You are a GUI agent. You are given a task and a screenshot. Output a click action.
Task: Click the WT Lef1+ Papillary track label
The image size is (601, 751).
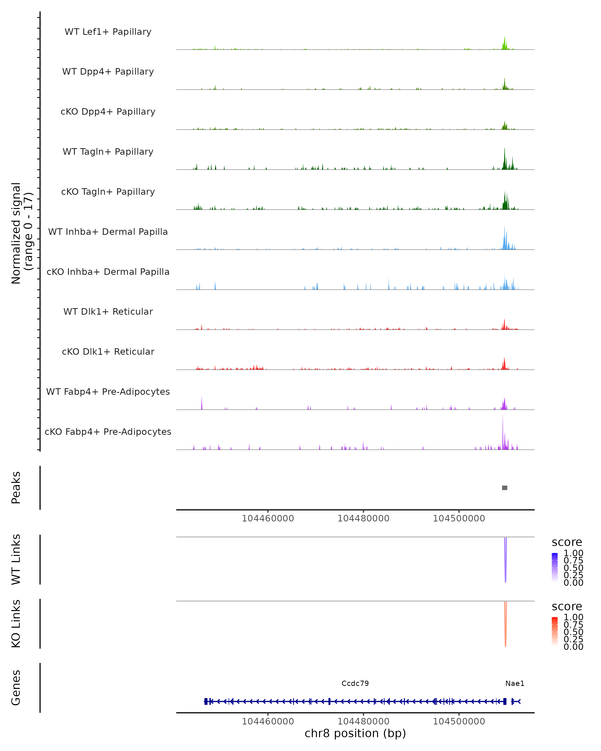point(108,32)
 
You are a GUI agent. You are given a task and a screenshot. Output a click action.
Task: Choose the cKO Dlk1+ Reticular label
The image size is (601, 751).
point(108,351)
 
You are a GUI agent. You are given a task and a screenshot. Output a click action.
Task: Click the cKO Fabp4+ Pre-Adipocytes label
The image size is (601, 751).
point(108,432)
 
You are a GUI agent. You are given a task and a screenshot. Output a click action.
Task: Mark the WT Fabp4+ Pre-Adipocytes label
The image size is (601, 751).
point(108,392)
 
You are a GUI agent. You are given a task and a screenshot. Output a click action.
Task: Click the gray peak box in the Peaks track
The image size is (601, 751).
point(505,488)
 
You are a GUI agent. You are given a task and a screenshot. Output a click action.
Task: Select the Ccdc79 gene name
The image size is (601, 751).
point(355,683)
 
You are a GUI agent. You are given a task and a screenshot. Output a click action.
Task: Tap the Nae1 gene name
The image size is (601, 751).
point(515,683)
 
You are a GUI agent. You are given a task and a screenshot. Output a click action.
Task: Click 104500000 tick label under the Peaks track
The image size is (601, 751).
point(459,518)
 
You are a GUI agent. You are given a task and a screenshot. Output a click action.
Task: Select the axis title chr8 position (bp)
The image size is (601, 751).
point(355,733)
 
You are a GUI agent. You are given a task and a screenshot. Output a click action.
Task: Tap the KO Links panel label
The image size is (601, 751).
point(16,624)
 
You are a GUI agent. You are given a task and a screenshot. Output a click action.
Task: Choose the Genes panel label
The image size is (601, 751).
point(16,688)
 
